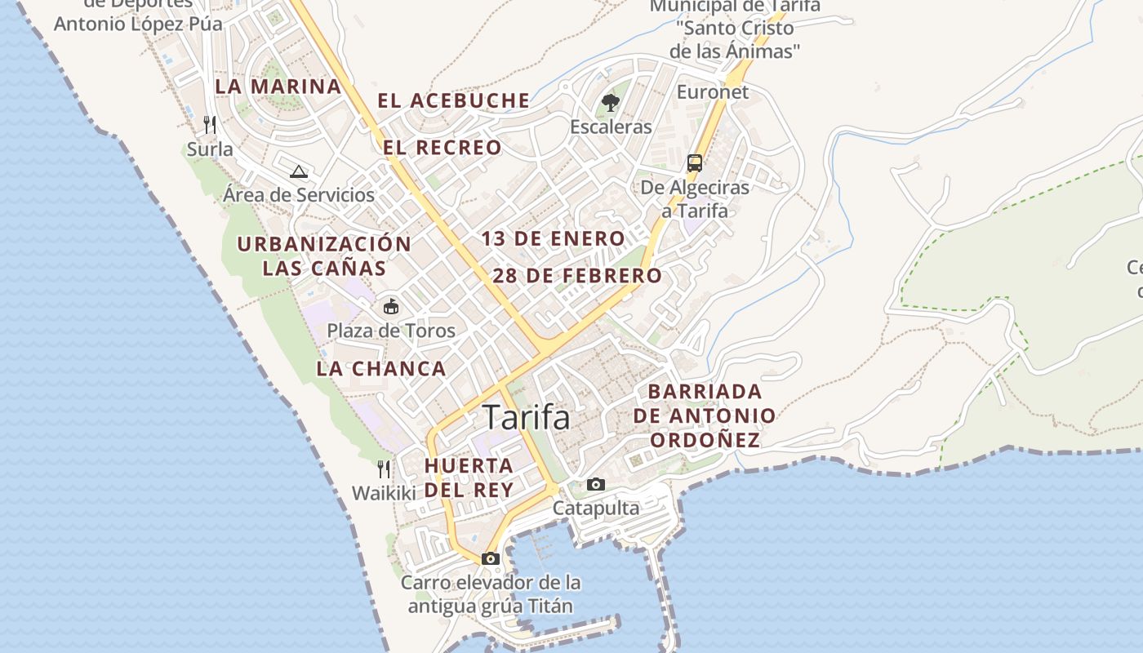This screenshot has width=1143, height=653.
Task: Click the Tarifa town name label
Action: tap(527, 417)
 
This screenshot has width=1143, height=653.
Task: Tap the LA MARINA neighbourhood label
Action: tap(278, 87)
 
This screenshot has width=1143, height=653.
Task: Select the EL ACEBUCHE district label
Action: tap(453, 100)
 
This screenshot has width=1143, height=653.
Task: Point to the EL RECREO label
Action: tap(443, 148)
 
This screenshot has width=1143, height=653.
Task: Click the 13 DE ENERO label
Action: tap(553, 238)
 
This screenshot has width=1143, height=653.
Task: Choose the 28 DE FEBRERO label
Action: tap(577, 276)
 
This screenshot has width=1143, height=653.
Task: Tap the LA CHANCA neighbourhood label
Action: tap(381, 368)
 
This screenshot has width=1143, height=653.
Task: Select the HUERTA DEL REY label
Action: tap(469, 478)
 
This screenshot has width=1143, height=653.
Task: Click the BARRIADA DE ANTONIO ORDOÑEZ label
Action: tap(705, 415)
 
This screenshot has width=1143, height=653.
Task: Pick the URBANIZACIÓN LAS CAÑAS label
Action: tap(324, 255)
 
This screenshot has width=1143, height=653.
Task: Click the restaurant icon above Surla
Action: tap(211, 124)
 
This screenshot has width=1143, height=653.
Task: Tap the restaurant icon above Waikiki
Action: tap(384, 469)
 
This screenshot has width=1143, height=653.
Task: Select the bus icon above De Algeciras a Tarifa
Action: tap(695, 163)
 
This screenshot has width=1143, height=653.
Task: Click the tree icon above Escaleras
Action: tap(610, 103)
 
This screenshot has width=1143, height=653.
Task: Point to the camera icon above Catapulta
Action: tap(596, 484)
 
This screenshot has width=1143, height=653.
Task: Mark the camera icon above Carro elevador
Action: tap(490, 558)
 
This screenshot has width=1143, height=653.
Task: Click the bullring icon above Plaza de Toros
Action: tap(391, 307)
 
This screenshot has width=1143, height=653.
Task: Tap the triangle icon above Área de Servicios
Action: tap(299, 171)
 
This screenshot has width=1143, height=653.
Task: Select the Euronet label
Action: tap(712, 92)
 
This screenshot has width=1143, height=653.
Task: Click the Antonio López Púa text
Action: tap(138, 24)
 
